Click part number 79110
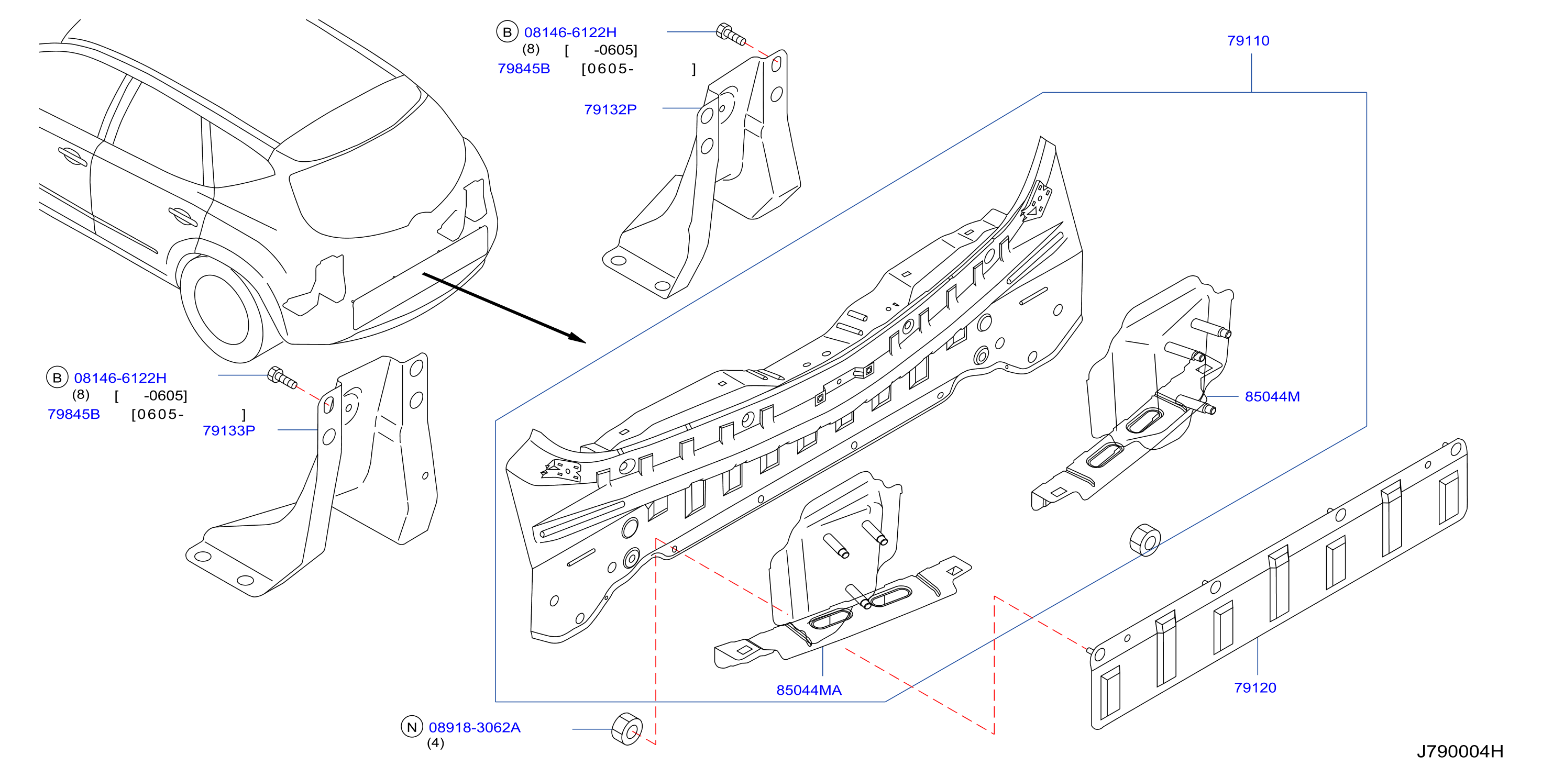coord(1248,41)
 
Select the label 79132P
coord(610,109)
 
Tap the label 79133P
coord(228,430)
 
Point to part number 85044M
coord(1272,396)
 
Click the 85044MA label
coord(809,690)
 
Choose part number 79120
coord(1255,688)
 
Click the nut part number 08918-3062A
coord(474,727)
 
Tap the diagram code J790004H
coord(1460,751)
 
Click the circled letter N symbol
coord(412,727)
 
